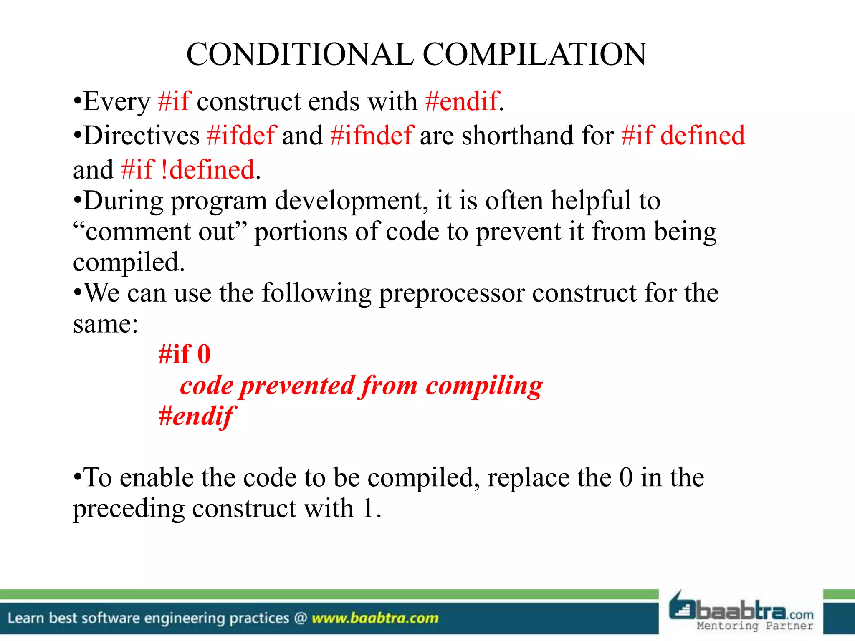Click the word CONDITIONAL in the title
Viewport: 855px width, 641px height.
pyautogui.click(x=300, y=55)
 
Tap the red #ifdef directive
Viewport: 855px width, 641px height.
pyautogui.click(x=241, y=136)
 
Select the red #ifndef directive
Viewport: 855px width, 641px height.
pyautogui.click(x=372, y=136)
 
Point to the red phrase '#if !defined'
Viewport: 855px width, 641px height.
pyautogui.click(x=188, y=170)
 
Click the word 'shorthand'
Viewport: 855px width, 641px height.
pyautogui.click(x=517, y=136)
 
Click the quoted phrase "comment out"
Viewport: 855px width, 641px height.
pyautogui.click(x=160, y=232)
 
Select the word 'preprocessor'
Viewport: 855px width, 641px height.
pyautogui.click(x=452, y=293)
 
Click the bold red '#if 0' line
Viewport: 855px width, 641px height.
pyautogui.click(x=185, y=354)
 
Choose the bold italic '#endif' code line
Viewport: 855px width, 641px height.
pyautogui.click(x=196, y=416)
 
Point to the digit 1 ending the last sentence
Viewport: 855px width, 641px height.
pyautogui.click(x=368, y=509)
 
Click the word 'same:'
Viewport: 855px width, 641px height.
pyautogui.click(x=105, y=324)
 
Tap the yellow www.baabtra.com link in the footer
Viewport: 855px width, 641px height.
pyautogui.click(x=375, y=618)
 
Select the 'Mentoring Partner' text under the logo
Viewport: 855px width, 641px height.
pyautogui.click(x=755, y=626)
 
